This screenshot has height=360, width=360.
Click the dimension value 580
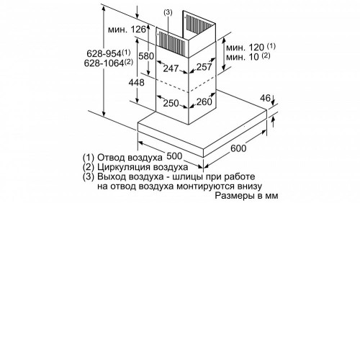(x=146, y=56)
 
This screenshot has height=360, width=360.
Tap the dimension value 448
(x=136, y=83)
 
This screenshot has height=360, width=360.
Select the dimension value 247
(x=171, y=68)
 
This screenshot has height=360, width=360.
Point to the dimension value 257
(x=204, y=67)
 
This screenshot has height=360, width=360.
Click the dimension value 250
(x=171, y=104)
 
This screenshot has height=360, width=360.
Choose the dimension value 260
(x=204, y=102)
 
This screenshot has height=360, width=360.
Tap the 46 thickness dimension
(x=265, y=98)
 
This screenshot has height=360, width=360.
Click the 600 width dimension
(x=238, y=148)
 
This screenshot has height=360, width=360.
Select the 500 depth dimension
(x=174, y=156)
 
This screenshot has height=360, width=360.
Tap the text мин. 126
(x=127, y=30)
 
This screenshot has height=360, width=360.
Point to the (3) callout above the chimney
(x=168, y=12)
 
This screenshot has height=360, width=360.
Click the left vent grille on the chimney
(x=172, y=42)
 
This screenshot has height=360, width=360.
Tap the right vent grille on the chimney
(x=199, y=24)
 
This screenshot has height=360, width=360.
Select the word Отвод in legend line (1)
(x=111, y=158)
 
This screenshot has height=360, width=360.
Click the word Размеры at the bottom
(x=235, y=196)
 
